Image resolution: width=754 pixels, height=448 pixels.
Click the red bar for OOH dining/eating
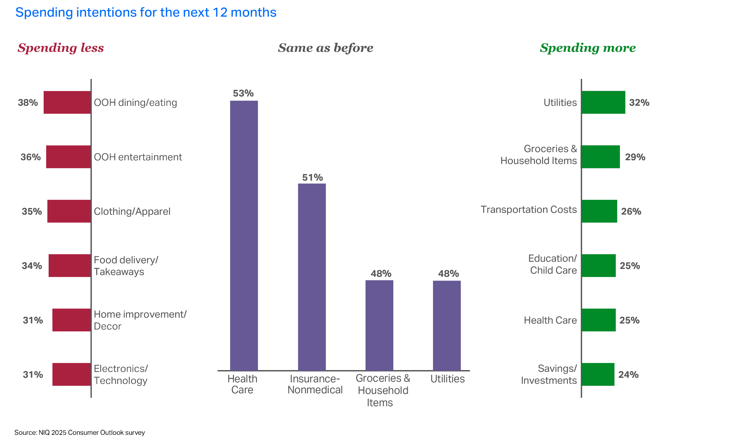[67, 102]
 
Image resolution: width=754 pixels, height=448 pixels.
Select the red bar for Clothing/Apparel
[69, 211]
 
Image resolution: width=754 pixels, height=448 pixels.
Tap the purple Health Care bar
[244, 236]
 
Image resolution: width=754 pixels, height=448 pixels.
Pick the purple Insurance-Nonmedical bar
[312, 276]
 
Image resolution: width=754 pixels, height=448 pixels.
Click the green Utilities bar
[603, 102]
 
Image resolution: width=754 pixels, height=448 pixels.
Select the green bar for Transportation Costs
[599, 211]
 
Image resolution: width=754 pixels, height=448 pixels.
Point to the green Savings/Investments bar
[598, 374]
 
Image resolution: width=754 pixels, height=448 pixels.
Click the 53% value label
[243, 93]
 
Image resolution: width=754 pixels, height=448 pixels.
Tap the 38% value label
[28, 102]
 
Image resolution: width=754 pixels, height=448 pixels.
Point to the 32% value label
[639, 102]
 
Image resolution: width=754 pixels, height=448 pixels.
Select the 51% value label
[312, 178]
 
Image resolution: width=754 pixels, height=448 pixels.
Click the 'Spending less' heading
[61, 48]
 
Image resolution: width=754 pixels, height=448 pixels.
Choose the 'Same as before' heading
[325, 48]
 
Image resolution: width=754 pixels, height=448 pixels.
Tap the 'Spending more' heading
[588, 48]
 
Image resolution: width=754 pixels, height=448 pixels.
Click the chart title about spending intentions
[146, 13]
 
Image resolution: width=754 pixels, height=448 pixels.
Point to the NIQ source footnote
[79, 433]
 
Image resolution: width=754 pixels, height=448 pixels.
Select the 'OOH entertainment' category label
[138, 157]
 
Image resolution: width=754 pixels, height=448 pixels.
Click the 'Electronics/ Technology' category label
[121, 374]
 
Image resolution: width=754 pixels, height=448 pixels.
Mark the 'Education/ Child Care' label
[553, 264]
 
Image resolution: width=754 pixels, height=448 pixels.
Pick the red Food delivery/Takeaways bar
[70, 265]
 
